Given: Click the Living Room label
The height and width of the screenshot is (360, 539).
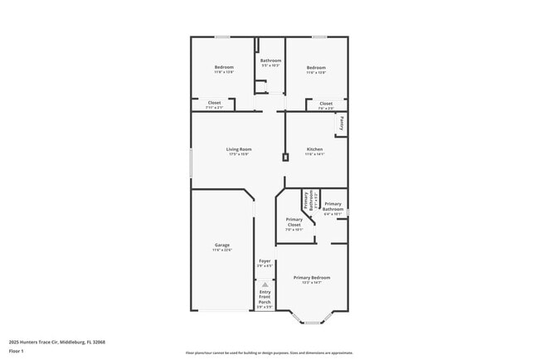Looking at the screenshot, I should pos(239,149).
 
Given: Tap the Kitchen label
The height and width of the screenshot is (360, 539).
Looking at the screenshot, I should pos(314,149).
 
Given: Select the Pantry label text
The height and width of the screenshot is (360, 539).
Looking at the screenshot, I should pos(341,124).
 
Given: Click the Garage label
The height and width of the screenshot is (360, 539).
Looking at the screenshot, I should pos(222,245).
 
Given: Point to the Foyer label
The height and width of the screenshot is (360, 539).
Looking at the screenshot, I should pos(265,261).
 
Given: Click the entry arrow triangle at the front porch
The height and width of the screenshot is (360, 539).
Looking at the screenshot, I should pos(265,284).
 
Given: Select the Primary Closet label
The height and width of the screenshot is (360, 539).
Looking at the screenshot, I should pos(294,221).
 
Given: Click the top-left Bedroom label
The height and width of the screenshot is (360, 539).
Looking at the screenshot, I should pos(224,67).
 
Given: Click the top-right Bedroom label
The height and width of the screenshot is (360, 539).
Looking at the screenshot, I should pos(315,67).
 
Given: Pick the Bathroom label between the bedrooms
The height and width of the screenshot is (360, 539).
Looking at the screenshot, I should pos(271,61).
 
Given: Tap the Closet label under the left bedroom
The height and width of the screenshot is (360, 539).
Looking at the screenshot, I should pos(214,103).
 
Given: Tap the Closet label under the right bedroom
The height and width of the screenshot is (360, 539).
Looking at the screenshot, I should pos(326,104).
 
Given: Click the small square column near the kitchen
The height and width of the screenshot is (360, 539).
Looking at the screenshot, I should pos(285,156).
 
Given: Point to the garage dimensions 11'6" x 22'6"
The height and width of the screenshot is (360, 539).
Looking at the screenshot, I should pos(222,250).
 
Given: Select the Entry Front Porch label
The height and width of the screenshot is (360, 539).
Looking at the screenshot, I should pos(265,297).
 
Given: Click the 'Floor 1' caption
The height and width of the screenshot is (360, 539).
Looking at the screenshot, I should pos(17,352).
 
